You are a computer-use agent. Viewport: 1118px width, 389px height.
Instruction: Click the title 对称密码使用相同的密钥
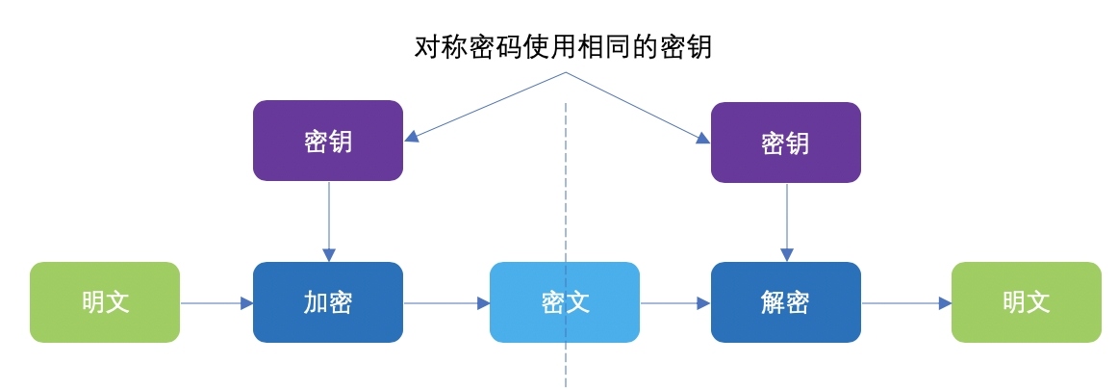tap(563, 46)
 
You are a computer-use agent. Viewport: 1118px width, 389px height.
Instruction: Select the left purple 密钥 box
tap(328, 141)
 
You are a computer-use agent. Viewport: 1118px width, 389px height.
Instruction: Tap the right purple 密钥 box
tap(785, 143)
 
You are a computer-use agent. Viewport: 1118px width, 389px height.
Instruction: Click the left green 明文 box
tap(105, 302)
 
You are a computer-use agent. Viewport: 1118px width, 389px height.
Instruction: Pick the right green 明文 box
tap(1026, 302)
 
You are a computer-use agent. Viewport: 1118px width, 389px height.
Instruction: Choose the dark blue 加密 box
tap(328, 302)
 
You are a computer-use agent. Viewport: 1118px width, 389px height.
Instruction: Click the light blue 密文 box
tap(565, 302)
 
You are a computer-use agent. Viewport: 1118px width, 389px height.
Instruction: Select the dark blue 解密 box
tap(785, 302)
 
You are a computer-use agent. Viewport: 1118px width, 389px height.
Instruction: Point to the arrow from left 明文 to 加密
tap(216, 303)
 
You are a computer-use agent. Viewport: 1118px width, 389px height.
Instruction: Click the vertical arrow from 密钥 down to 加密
tap(329, 221)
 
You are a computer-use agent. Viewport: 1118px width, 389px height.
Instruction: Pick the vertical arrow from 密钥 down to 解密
tap(787, 222)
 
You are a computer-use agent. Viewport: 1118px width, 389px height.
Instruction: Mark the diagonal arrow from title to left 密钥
tap(486, 106)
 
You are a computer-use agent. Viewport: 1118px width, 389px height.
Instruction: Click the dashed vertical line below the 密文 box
tap(566, 366)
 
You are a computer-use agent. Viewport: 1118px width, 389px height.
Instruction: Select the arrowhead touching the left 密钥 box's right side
tap(412, 137)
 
